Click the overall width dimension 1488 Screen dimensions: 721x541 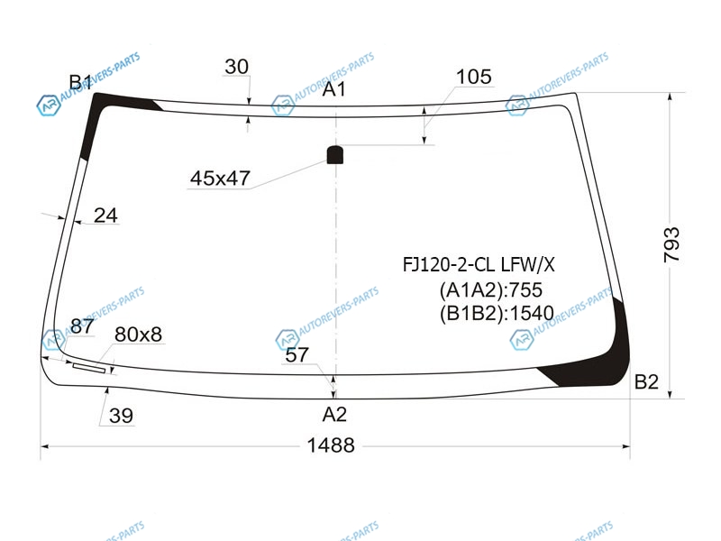(x=331, y=445)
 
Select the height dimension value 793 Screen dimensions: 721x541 (x=671, y=244)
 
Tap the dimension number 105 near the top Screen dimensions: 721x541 (x=474, y=77)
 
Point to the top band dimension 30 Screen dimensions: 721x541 (x=236, y=67)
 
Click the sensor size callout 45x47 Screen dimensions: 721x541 (x=220, y=178)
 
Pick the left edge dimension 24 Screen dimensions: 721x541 (x=105, y=215)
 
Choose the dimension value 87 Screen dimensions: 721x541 (x=82, y=326)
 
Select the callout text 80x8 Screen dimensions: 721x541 (x=138, y=335)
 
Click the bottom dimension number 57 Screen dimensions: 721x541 (x=297, y=354)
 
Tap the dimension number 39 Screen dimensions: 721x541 (x=122, y=416)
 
